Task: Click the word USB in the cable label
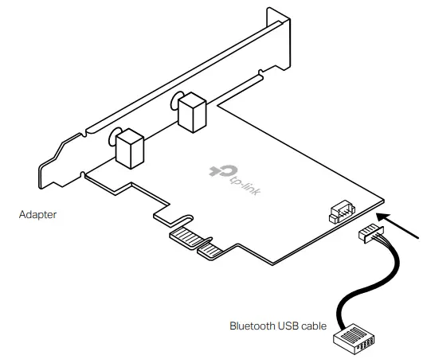pyautogui.click(x=288, y=325)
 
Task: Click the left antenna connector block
pyautogui.click(x=129, y=148)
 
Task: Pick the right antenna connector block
pyautogui.click(x=191, y=113)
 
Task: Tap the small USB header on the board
pyautogui.click(x=339, y=213)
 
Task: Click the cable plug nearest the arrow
pyautogui.click(x=371, y=234)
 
